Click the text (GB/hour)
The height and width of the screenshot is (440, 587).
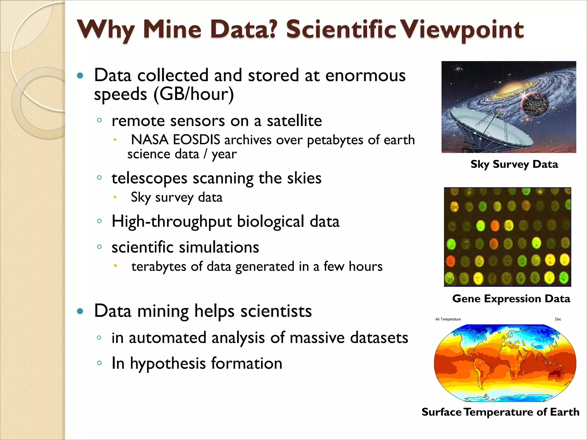tap(194, 94)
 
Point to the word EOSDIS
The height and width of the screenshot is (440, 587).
tap(197, 140)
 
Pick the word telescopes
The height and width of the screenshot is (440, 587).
tap(149, 178)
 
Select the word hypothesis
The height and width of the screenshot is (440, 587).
tap(168, 364)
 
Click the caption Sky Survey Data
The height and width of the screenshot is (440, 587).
tap(514, 164)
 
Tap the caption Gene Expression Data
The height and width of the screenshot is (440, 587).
tap(511, 298)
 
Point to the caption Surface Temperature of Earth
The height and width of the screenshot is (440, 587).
tap(500, 412)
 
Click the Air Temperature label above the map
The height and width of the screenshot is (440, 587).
tap(448, 319)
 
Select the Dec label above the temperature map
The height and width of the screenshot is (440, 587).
tap(558, 319)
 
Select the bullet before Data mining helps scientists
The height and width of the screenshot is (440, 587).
tap(80, 311)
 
